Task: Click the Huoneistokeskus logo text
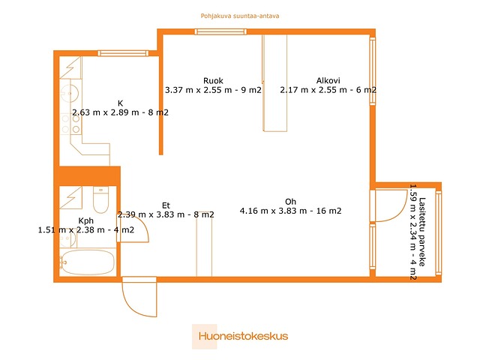243,336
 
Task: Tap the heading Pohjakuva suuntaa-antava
240,16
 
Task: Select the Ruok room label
213,81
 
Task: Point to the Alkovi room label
328,80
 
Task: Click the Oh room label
290,202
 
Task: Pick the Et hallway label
166,205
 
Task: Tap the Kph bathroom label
86,220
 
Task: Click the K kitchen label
120,103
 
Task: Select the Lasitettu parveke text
422,232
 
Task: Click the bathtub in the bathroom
87,262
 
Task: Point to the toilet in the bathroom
100,200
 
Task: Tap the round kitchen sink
70,93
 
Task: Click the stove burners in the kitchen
70,124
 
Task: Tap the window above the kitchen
123,53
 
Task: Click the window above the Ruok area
220,31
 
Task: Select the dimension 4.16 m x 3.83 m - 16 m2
290,211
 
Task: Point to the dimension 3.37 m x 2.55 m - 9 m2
213,90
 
